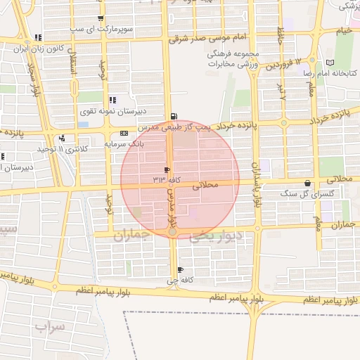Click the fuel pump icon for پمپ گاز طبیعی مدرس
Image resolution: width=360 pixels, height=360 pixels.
[174, 116]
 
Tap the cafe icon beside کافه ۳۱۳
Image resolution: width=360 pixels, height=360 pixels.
[167, 170]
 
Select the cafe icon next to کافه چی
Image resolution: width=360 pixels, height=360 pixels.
[181, 270]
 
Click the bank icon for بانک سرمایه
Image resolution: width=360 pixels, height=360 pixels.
[124, 133]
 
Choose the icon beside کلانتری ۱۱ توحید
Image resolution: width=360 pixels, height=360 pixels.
[63, 139]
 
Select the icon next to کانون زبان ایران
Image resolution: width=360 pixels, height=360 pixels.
[38, 37]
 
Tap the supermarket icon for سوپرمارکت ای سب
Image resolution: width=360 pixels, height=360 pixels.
[101, 19]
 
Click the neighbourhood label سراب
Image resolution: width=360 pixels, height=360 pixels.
[49, 327]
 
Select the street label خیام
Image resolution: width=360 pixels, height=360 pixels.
[342, 31]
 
